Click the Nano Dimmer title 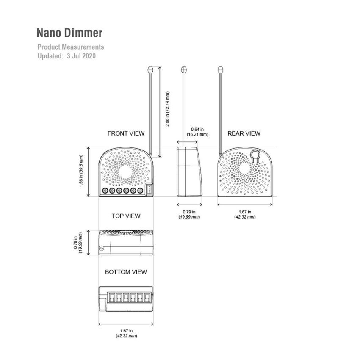tap(69, 33)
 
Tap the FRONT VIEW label tap(126, 133)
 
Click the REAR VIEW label tap(244, 133)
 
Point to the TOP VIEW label tap(126, 216)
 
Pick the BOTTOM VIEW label tap(126, 272)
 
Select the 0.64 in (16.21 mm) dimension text tap(197, 132)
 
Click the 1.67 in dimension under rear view tap(245, 214)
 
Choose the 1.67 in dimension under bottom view tap(126, 333)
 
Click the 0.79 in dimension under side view tap(189, 214)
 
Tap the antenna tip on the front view tap(151, 69)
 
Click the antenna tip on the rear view tap(220, 69)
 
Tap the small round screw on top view tap(101, 249)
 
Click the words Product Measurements tap(70, 47)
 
